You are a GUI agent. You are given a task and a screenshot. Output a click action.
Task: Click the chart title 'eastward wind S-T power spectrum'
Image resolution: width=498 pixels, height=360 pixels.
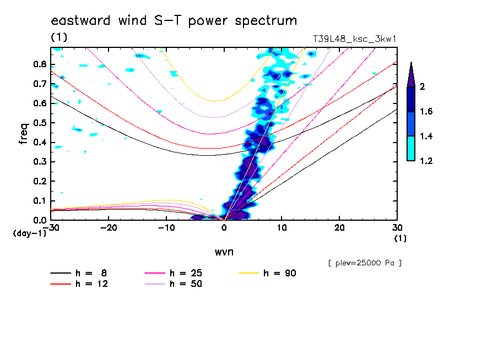174,21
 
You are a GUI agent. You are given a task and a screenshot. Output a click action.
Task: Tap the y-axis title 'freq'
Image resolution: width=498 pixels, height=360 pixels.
24,134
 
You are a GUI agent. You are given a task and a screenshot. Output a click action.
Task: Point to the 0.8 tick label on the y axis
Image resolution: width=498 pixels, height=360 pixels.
39,64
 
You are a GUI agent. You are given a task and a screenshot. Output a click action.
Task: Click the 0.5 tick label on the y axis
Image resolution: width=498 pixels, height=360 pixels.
39,123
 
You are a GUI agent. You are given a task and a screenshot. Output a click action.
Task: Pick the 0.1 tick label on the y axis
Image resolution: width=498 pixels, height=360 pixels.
39,201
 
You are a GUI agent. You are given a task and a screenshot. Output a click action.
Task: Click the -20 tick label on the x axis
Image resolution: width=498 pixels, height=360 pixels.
109,228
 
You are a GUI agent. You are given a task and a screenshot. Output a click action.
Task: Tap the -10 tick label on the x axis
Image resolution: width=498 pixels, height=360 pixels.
166,228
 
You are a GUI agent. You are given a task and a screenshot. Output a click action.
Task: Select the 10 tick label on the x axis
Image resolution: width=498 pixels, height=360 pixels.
282,228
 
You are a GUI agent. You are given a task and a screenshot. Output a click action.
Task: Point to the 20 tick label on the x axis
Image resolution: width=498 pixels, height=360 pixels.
339,228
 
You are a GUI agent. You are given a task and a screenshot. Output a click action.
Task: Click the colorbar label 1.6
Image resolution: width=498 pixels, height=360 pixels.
425,112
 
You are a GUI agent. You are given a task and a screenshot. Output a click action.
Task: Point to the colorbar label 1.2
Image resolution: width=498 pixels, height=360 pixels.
425,161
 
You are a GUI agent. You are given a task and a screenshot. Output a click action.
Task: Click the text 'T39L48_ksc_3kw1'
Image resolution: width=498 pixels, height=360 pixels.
354,39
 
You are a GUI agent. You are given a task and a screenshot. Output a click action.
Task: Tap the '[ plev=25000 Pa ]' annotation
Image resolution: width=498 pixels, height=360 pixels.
364,263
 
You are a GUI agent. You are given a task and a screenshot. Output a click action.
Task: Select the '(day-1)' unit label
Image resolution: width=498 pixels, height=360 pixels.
29,233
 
